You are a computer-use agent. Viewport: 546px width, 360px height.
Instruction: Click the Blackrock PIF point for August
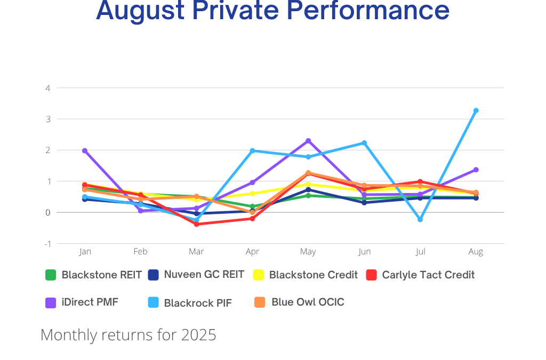point(476,111)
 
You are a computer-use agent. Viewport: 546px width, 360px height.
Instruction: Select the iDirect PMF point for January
point(85,151)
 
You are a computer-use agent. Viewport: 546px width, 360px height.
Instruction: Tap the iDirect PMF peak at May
point(308,141)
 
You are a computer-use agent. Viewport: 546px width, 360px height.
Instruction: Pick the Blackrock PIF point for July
point(420,219)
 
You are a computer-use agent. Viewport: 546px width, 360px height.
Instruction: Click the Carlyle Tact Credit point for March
point(196,224)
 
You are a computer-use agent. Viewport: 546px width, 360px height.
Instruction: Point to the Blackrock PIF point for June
point(364,143)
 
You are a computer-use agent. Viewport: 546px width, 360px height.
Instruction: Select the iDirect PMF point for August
point(476,170)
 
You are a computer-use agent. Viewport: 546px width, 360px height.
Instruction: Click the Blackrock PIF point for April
point(252,151)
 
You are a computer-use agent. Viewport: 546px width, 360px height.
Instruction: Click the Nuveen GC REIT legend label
point(204,275)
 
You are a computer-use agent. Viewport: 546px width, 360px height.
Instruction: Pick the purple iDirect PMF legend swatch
point(51,302)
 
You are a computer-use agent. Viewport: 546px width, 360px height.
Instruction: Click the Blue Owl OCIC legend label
point(308,302)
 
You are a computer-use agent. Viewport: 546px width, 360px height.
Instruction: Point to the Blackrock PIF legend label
point(197,303)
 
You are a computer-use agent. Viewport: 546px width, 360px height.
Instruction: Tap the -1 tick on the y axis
point(47,244)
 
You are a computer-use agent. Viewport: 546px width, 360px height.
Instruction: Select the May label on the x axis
point(308,252)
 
